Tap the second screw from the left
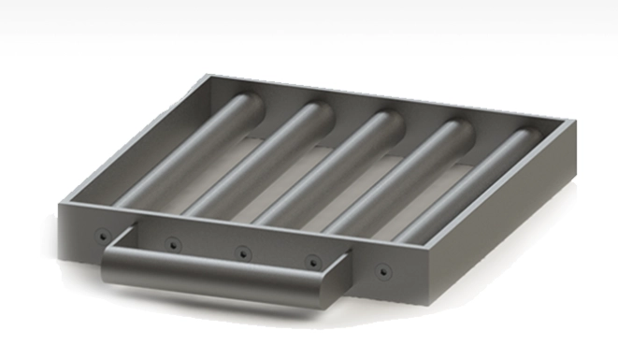click(x=172, y=244)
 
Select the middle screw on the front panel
click(x=242, y=252)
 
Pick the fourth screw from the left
click(x=311, y=261)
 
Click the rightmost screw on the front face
click(x=382, y=270)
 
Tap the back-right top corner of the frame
click(x=568, y=121)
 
